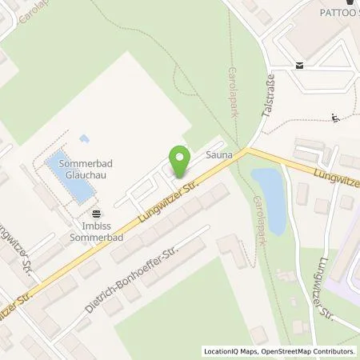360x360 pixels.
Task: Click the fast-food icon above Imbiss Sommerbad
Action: (x=97, y=213)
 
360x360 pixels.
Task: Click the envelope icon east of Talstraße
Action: (x=299, y=66)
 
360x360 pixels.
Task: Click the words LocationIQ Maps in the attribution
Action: (x=230, y=351)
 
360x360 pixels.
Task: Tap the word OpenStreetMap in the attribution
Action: (x=282, y=351)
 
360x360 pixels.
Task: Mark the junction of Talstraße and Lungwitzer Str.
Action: (x=249, y=150)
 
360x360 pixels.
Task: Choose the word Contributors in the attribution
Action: (x=333, y=351)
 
